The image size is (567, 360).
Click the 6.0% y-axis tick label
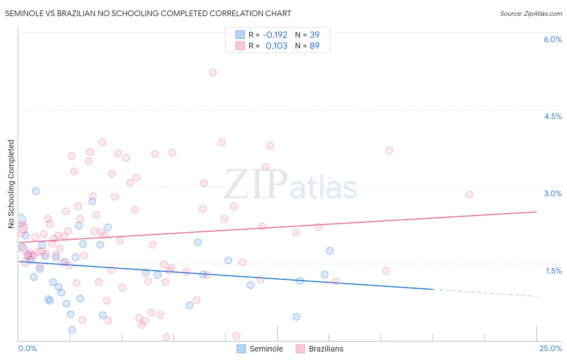[x=552, y=39]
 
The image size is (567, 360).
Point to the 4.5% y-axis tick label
[x=552, y=116]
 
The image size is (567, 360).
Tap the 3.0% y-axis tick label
[x=552, y=193]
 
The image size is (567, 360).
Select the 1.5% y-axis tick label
[x=554, y=271]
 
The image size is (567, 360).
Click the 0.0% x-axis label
[x=27, y=348]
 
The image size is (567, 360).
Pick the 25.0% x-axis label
[x=550, y=348]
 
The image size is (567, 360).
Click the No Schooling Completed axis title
[x=11, y=184]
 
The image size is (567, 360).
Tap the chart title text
[x=148, y=13]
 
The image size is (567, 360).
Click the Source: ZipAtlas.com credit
[x=531, y=13]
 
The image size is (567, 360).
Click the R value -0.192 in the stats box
[x=275, y=35]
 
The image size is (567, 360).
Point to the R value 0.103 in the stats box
[x=276, y=46]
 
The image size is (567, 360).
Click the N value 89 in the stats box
[x=315, y=46]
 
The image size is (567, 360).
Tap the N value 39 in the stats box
[x=315, y=35]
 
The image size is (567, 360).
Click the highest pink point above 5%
[x=213, y=73]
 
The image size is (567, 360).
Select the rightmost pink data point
[x=469, y=194]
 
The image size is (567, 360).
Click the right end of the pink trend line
[x=536, y=211]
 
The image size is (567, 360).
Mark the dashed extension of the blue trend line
[x=484, y=293]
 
